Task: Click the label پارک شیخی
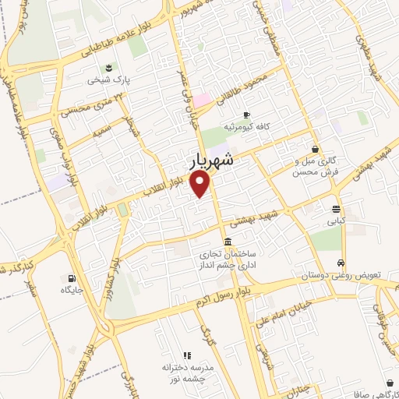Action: point(104,79)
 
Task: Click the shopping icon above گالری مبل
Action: point(315,148)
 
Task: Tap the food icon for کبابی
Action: point(335,208)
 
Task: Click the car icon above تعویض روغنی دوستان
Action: point(341,263)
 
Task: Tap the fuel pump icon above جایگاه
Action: point(72,277)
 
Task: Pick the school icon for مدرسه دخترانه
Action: point(186,355)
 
